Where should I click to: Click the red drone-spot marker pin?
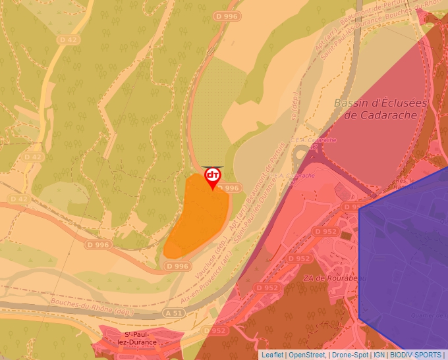pyautogui.click(x=212, y=176)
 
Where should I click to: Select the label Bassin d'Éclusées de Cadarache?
pyautogui.click(x=380, y=109)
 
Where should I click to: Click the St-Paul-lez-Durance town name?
pyautogui.click(x=136, y=338)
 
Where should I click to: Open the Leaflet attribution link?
pyautogui.click(x=272, y=355)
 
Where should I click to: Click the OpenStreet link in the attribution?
pyautogui.click(x=307, y=355)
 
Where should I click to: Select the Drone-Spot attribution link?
pyautogui.click(x=350, y=355)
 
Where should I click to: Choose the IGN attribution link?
pyautogui.click(x=379, y=355)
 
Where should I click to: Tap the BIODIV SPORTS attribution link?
pyautogui.click(x=415, y=355)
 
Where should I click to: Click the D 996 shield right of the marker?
pyautogui.click(x=229, y=188)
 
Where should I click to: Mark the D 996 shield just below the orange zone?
pyautogui.click(x=178, y=267)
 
